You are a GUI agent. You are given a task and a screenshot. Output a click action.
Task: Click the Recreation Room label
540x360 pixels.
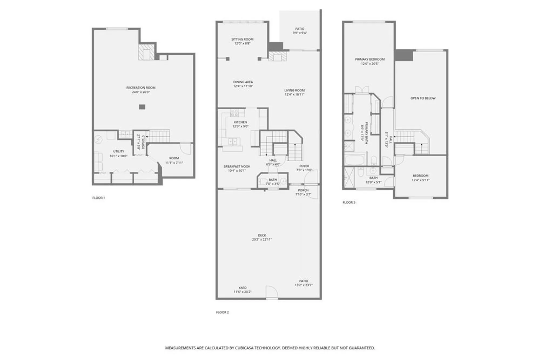141,88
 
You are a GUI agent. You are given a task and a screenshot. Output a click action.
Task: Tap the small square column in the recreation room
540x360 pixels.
142,107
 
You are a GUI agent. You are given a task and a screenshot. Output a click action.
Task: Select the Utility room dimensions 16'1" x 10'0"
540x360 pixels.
119,156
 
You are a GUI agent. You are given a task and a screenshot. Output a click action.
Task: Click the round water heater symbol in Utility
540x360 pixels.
98,140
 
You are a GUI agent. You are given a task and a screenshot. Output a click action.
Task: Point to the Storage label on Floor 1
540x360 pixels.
143,142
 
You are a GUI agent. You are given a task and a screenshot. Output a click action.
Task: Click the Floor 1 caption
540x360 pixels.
99,198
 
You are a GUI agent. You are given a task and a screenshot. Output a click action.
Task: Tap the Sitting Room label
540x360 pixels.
242,39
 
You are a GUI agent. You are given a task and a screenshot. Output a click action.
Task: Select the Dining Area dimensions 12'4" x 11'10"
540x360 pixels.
243,86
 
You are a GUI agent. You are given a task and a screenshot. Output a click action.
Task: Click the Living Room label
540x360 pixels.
294,90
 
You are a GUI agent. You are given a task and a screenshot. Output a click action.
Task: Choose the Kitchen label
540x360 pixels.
240,122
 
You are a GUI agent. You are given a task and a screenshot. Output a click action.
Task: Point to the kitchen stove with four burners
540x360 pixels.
234,113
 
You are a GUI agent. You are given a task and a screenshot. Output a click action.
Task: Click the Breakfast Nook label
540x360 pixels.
237,167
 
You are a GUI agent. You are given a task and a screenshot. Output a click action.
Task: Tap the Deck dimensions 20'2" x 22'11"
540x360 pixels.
262,239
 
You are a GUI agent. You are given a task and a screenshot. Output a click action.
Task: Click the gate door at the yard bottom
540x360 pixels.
272,293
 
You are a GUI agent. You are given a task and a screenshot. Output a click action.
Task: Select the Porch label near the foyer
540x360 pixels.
303,190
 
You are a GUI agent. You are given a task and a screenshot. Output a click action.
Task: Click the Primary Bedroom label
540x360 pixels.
370,59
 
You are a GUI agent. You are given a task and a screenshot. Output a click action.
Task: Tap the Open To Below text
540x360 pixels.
423,98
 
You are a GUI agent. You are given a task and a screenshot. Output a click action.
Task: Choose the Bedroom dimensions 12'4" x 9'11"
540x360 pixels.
420,180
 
